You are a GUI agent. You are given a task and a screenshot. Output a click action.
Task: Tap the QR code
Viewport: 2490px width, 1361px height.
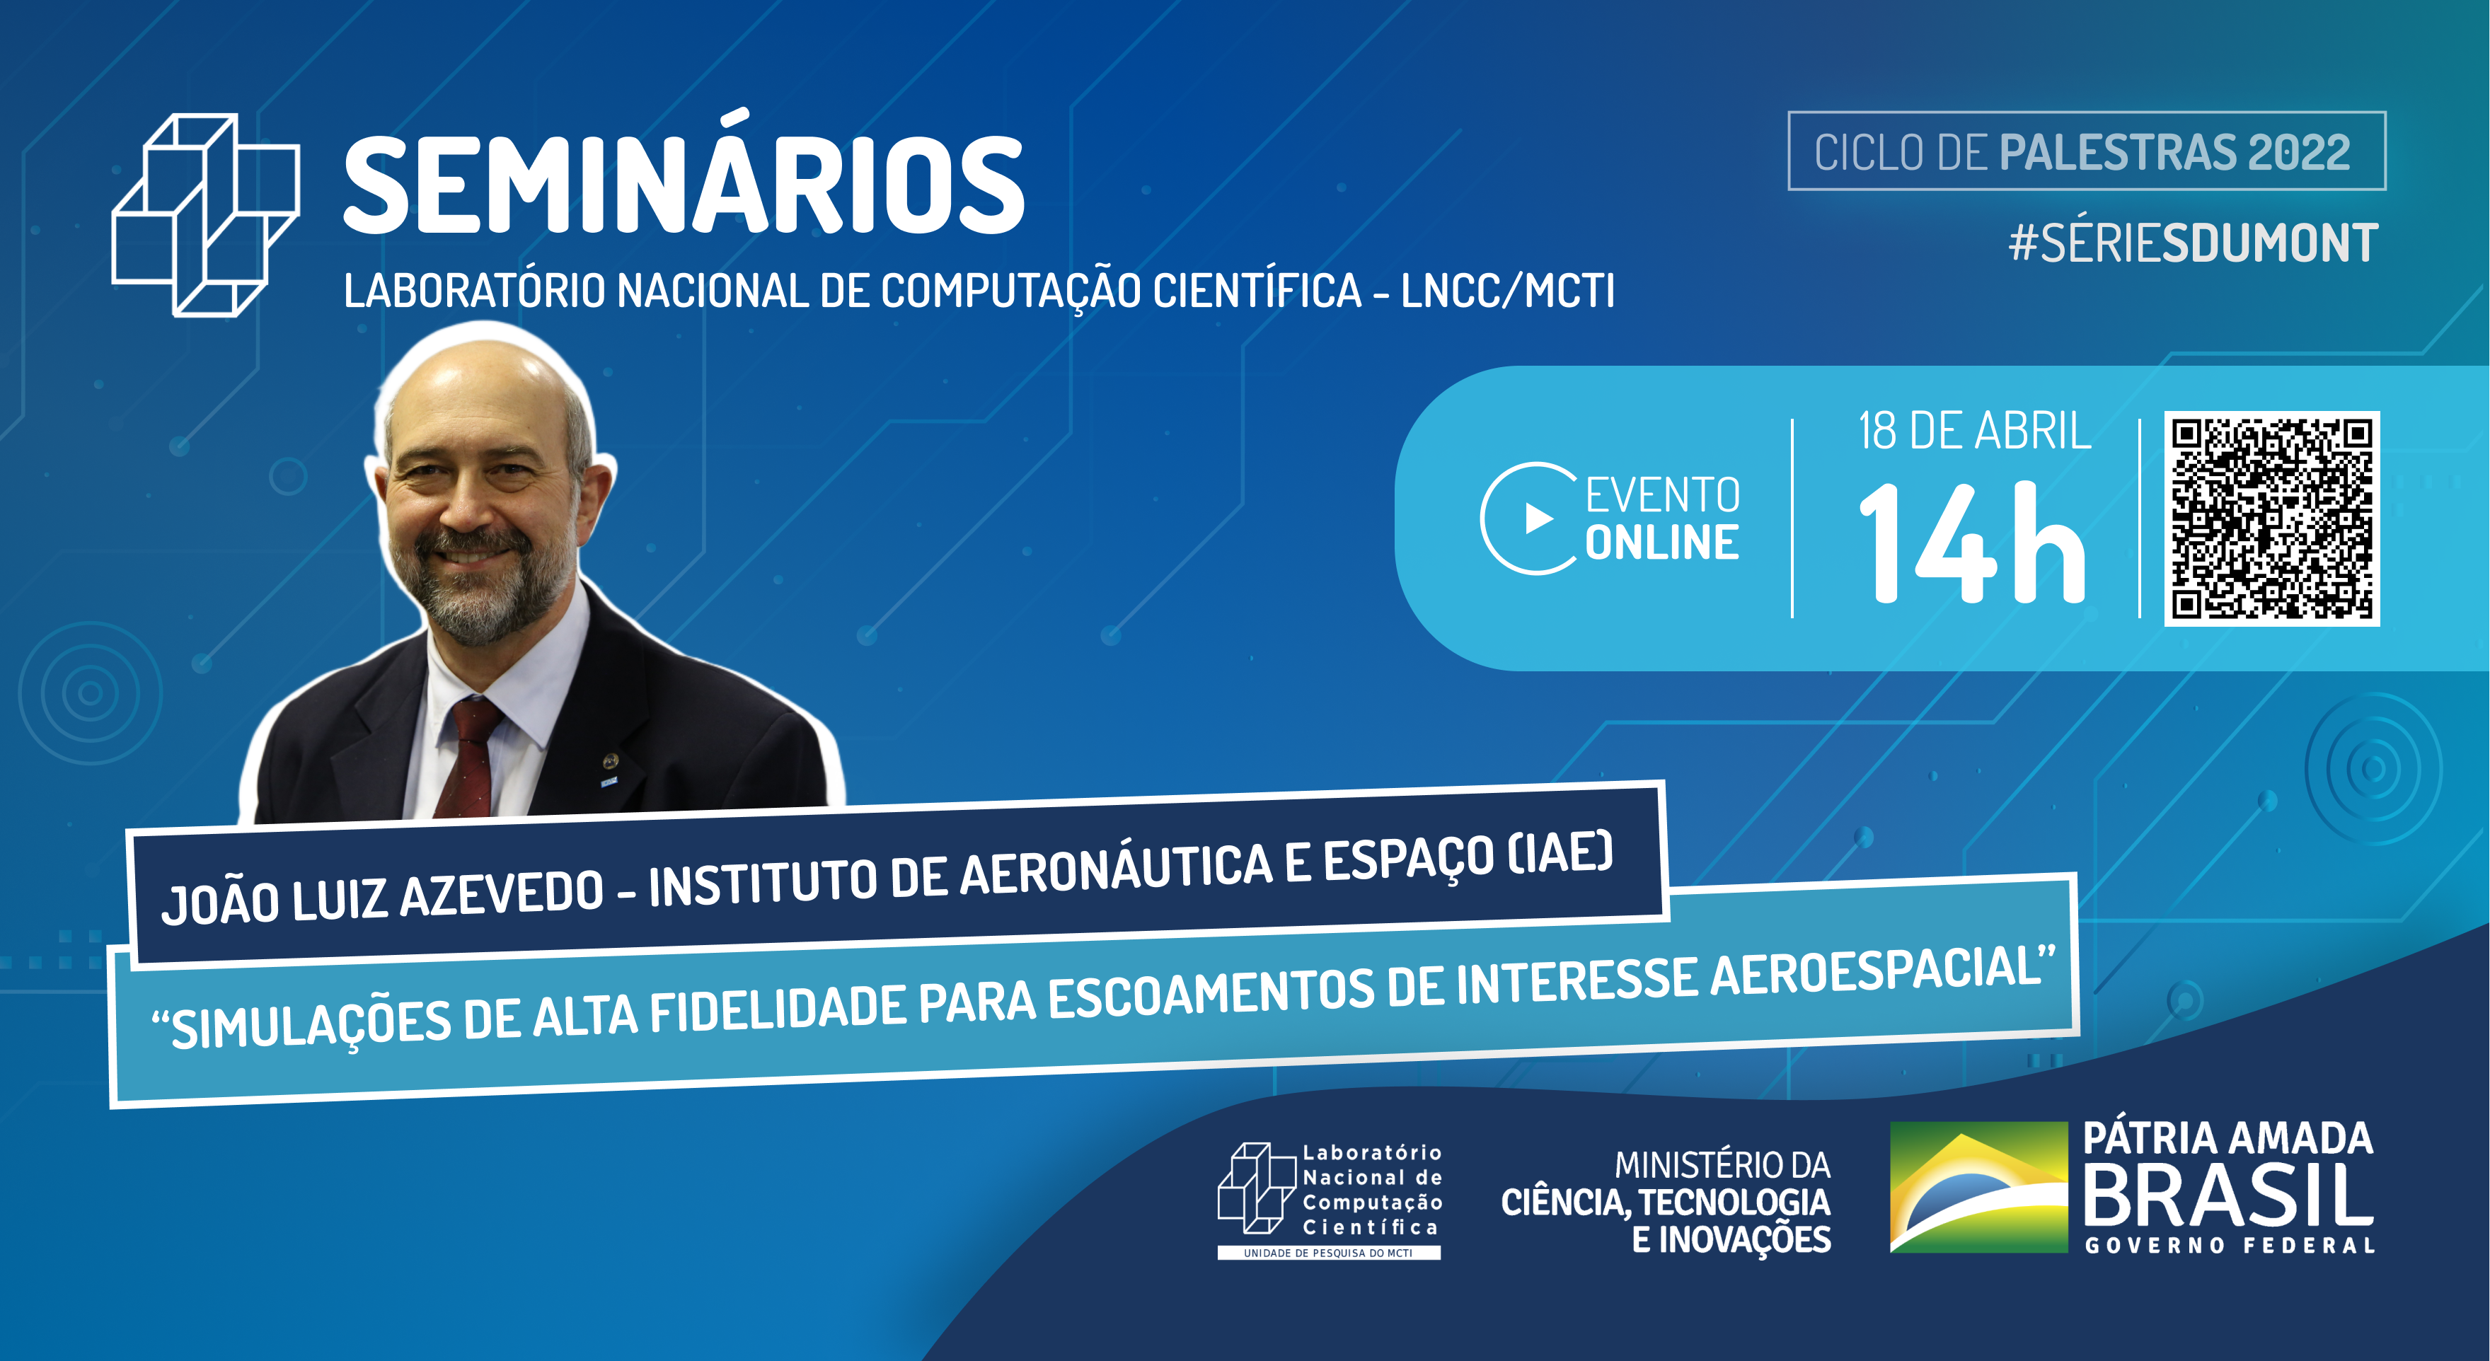tap(2271, 519)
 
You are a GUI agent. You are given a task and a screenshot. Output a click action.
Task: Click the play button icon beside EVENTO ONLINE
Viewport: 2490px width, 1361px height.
tap(1538, 519)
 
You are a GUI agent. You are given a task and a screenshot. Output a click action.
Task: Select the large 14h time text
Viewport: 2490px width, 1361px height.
tap(1972, 543)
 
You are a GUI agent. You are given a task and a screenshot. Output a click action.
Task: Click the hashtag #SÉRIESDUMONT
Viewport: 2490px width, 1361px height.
tap(2192, 243)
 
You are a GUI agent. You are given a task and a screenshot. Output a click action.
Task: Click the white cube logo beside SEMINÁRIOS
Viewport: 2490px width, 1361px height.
tap(206, 214)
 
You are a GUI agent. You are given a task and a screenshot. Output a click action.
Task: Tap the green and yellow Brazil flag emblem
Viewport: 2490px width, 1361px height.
tap(1978, 1187)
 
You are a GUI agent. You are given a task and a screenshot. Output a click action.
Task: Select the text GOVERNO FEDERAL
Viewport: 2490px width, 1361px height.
tap(2229, 1245)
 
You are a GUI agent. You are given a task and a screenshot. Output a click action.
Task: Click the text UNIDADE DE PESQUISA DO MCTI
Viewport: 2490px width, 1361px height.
tap(1328, 1253)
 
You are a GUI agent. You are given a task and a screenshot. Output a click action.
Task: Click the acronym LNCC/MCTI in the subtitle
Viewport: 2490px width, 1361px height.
tap(1507, 290)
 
